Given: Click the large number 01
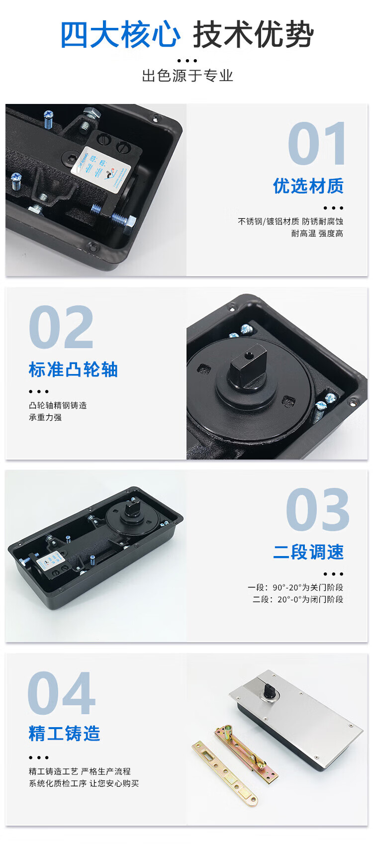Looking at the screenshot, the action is tap(316, 143).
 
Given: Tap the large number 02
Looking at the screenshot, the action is tap(61, 327).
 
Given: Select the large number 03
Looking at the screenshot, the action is tap(317, 509).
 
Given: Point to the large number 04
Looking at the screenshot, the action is tap(61, 693).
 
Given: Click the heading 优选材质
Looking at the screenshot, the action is tap(308, 186).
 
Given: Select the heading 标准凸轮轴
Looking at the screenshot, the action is tap(74, 370).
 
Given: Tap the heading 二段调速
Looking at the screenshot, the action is tap(308, 552).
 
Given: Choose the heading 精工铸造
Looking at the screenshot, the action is tap(65, 734).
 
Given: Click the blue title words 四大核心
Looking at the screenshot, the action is tap(120, 35).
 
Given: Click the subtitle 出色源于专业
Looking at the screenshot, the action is tap(187, 76).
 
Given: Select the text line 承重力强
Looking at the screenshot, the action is tap(45, 417).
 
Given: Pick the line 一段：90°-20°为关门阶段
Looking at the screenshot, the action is tap(295, 587).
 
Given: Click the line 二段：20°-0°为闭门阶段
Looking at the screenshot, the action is tap(298, 599).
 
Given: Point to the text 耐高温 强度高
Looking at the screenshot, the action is tap(317, 234).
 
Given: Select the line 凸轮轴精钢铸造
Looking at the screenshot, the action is tap(58, 405).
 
